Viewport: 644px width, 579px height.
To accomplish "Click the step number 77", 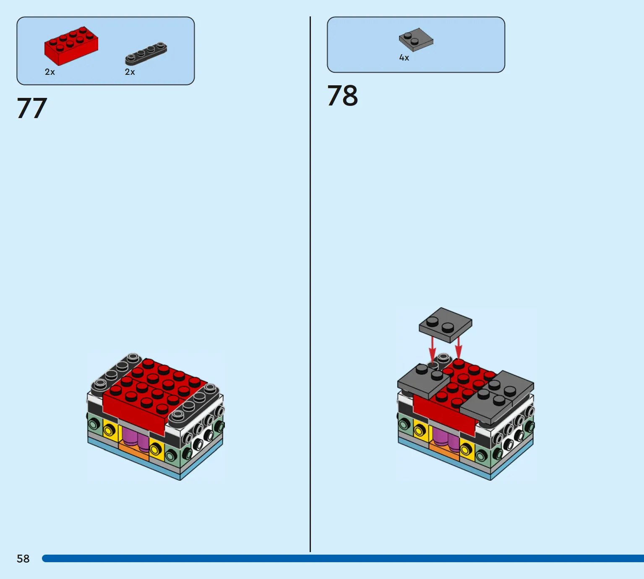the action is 32,108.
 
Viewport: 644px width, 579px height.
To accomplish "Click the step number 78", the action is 342,95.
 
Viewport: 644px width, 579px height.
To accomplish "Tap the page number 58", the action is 23,558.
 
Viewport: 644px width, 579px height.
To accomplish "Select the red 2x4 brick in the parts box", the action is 71,46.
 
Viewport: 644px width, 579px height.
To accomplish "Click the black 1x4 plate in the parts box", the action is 146,53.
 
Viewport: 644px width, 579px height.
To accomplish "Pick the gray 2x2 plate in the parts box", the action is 416,40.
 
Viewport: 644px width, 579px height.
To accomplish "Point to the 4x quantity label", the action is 404,58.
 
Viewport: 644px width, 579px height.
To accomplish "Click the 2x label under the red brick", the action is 50,72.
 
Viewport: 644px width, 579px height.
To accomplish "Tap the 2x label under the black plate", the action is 130,72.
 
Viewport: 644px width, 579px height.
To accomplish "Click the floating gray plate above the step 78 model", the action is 445,325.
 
